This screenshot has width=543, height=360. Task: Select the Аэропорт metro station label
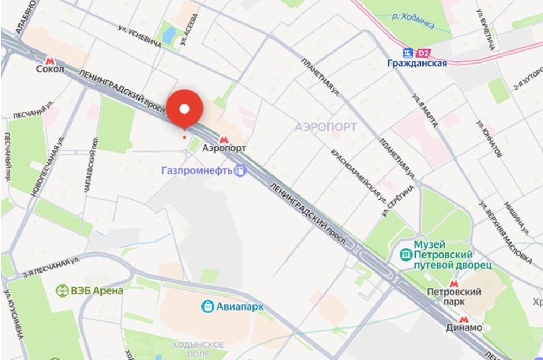click(224, 148)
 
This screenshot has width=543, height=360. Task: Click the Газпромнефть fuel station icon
click(241, 170)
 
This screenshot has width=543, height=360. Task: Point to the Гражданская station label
click(417, 64)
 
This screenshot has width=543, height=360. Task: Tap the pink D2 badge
click(424, 53)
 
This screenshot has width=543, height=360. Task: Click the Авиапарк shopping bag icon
click(207, 306)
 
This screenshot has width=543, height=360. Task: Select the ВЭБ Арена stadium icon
click(62, 290)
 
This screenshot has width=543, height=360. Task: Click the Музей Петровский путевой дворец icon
click(406, 254)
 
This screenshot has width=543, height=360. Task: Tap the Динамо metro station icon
click(463, 319)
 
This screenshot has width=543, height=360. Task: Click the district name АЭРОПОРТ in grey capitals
click(326, 127)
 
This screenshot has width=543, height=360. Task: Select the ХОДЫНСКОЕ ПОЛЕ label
click(198, 349)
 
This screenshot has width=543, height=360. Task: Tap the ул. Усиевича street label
click(140, 36)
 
